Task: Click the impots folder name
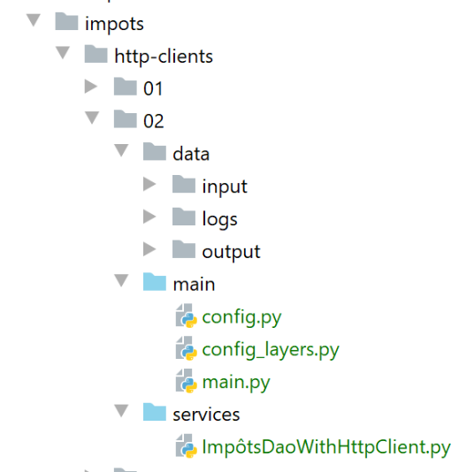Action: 114,24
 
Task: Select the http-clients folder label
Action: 164,57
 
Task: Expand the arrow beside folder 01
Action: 91,87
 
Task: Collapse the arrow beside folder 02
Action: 92,118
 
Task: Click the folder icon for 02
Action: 126,119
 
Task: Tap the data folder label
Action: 191,154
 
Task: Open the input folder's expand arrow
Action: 149,184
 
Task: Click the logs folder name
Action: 220,219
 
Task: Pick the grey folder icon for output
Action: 184,249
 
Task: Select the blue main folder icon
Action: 155,281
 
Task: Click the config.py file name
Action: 241,317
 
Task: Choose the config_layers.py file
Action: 271,350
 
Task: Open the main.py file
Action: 236,383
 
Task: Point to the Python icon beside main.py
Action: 187,381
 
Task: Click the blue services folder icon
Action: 155,412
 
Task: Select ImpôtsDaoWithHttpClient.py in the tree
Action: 326,447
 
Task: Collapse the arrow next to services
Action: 121,411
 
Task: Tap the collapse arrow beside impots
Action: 34,20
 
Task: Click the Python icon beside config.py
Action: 187,316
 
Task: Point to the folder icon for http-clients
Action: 96,54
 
